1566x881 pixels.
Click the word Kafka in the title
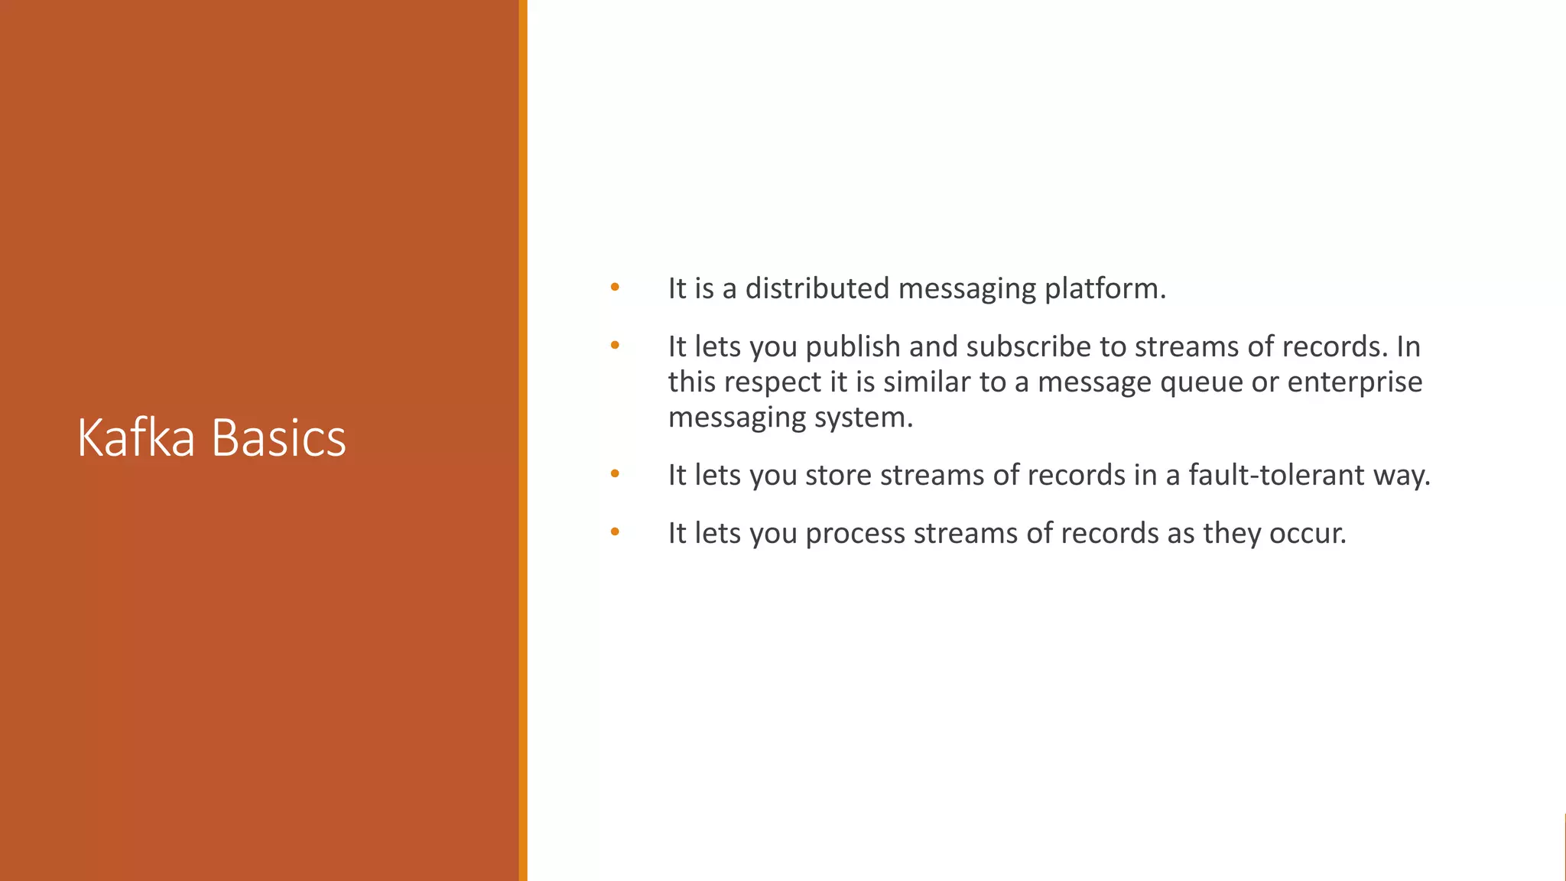coord(136,438)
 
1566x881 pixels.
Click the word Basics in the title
coord(278,438)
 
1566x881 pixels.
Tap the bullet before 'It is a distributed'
coord(615,288)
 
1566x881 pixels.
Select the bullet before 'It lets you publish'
coord(615,346)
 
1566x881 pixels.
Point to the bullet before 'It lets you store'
coord(615,474)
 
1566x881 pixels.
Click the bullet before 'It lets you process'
coord(615,532)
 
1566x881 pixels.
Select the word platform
coord(1104,289)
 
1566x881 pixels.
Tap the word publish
coord(853,347)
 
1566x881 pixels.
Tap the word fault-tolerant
coord(1276,475)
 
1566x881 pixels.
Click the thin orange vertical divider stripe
coord(523,440)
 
